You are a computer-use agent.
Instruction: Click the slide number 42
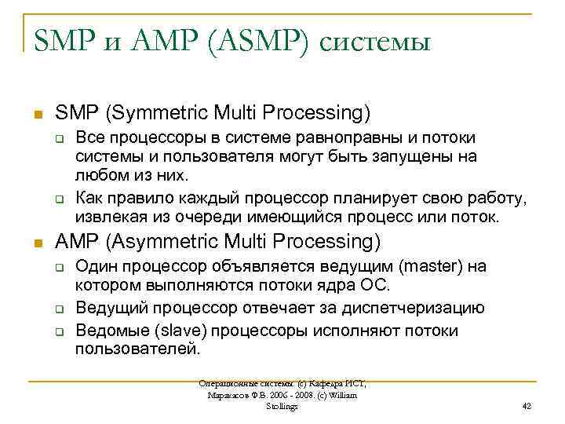pyautogui.click(x=527, y=406)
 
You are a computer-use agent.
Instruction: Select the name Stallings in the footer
pyautogui.click(x=282, y=406)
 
